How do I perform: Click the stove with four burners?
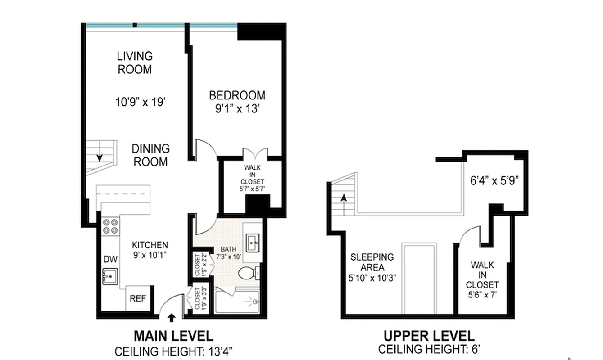(x=110, y=226)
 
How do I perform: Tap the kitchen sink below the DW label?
(x=110, y=276)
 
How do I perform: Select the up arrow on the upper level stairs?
(x=344, y=198)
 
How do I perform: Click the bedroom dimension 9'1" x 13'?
(x=237, y=109)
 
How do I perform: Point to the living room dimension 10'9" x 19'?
(x=135, y=102)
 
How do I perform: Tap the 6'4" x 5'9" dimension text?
(x=494, y=181)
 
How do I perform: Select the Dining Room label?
(x=150, y=155)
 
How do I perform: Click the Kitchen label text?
(x=150, y=245)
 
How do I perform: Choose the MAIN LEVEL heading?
(x=174, y=336)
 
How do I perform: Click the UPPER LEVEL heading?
(x=429, y=336)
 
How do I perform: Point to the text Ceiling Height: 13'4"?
(x=174, y=351)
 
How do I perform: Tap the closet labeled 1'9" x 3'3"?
(x=198, y=298)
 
